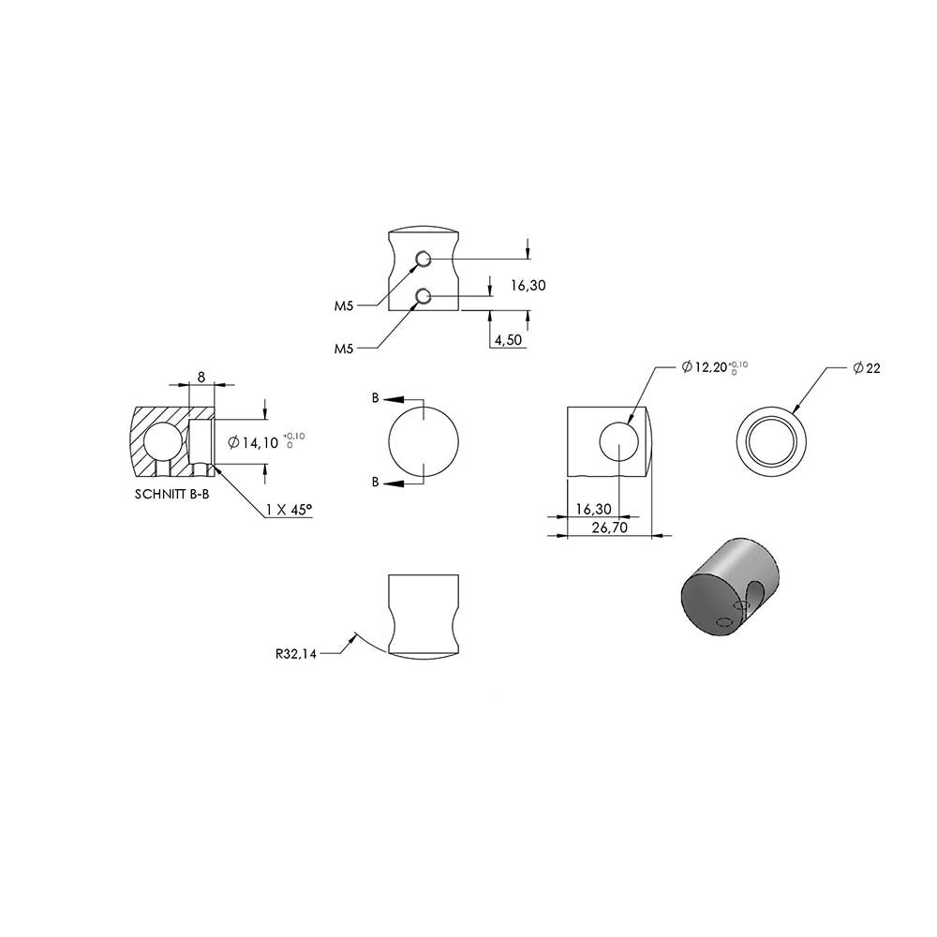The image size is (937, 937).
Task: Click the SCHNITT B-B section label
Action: click(172, 495)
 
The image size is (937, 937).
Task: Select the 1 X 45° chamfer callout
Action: click(290, 510)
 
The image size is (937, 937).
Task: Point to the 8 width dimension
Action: click(201, 377)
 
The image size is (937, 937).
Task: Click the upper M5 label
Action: click(344, 306)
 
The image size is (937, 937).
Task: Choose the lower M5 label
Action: click(344, 349)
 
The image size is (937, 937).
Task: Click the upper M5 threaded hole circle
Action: click(424, 259)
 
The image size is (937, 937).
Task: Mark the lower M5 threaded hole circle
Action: click(424, 296)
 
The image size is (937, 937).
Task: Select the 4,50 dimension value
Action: click(508, 340)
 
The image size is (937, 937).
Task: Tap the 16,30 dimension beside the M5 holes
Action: click(528, 286)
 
